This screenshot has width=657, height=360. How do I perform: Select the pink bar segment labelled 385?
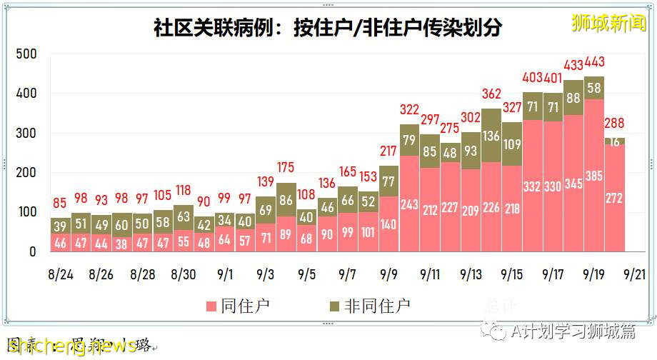tap(594, 175)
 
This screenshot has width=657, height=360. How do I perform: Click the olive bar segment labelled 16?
tap(615, 141)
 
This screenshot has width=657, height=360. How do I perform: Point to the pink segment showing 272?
tap(615, 198)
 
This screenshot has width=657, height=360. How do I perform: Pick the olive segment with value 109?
tap(512, 144)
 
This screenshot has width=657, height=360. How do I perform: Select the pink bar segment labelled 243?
tap(409, 204)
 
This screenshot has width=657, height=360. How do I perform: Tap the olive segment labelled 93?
tap(471, 151)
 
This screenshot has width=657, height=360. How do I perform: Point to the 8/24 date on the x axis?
tap(60, 274)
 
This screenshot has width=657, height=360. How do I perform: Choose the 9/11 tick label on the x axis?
tap(430, 274)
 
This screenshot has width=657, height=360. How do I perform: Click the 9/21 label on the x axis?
tap(635, 274)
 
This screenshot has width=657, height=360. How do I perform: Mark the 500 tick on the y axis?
tap(26, 54)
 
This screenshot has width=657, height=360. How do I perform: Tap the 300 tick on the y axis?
tap(26, 134)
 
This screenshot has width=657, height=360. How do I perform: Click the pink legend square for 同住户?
tap(211, 306)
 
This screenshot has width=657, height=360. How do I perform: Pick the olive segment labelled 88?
tap(573, 98)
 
